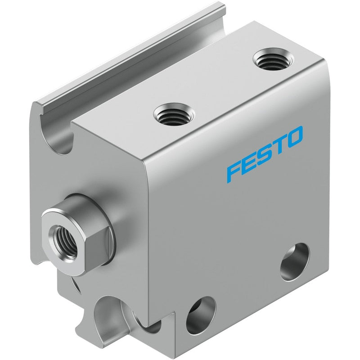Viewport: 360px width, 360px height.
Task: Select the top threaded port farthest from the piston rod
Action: tap(273, 59)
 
